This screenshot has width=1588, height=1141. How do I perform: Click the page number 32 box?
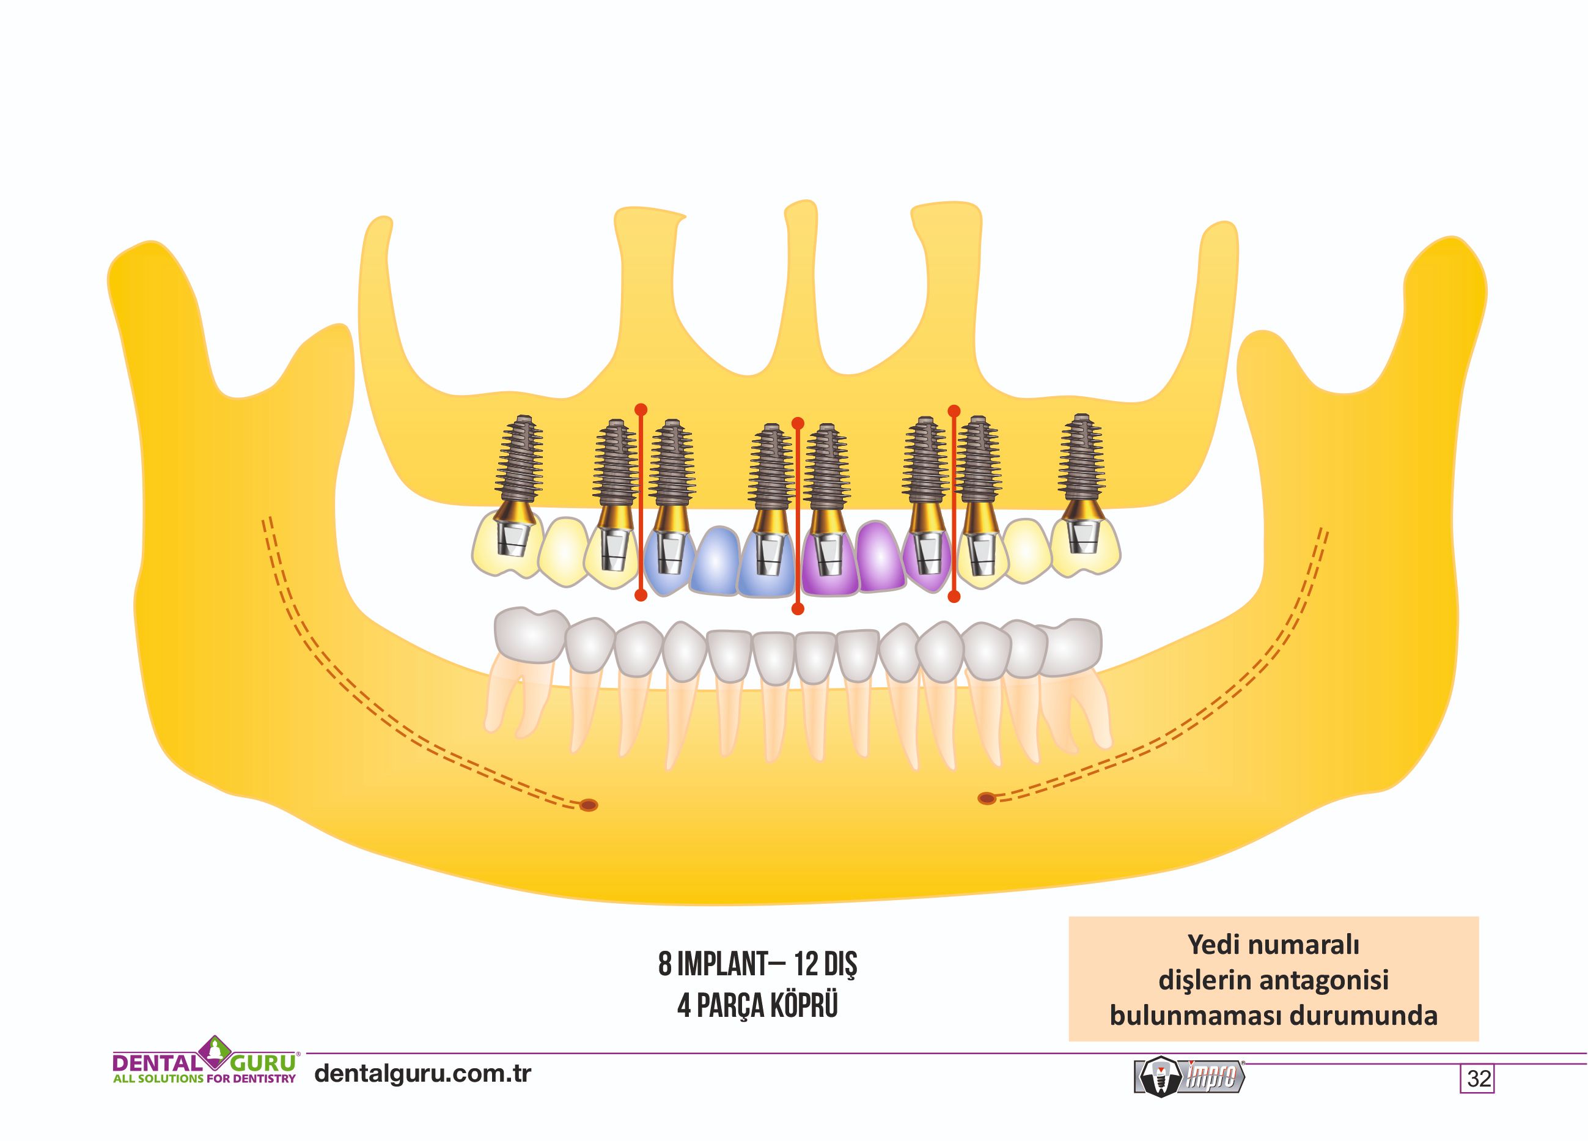[1477, 1078]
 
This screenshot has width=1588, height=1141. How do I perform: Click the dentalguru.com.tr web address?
[423, 1073]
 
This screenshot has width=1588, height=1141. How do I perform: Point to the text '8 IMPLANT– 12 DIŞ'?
[757, 965]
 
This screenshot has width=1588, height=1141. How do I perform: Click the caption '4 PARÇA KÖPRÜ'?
[757, 1006]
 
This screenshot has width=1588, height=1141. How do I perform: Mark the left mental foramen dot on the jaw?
[589, 805]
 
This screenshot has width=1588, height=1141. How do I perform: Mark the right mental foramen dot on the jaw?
[986, 798]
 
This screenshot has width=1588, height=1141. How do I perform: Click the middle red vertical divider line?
[798, 515]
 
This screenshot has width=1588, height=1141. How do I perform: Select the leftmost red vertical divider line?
[640, 501]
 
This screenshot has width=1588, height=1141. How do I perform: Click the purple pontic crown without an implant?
[880, 556]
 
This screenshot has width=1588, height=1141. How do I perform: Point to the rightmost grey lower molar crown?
[1069, 646]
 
